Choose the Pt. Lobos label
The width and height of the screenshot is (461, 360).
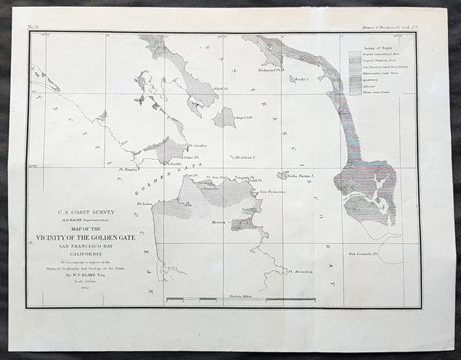(146, 203)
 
